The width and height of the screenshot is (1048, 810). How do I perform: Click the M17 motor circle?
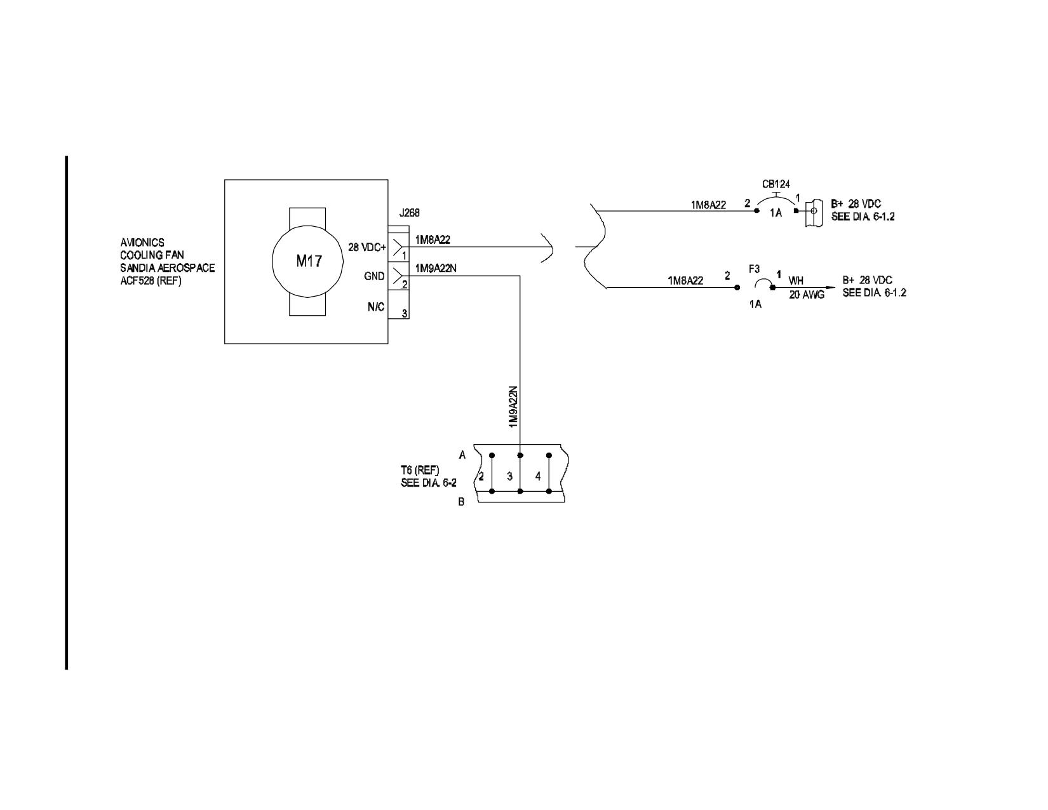coord(272,260)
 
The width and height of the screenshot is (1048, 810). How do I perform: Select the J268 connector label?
coord(409,213)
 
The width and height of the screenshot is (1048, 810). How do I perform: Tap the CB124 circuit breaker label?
coord(776,184)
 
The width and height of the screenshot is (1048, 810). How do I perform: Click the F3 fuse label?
coord(754,269)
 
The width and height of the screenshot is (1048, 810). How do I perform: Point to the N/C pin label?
coord(376,306)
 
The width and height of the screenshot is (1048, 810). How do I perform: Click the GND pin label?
coord(374,276)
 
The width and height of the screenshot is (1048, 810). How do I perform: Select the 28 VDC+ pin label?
coord(367,248)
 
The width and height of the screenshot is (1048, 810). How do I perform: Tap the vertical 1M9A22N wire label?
coord(513,406)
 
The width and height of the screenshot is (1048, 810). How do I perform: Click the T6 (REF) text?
coord(420,470)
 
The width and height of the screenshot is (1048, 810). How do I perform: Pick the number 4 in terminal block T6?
coord(538,476)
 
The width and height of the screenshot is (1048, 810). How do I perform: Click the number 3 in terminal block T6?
coord(509,476)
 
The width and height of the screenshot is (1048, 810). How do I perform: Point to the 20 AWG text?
coord(807,294)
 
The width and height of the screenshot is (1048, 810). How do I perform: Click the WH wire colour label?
coord(796,280)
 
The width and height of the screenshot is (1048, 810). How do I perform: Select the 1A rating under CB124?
coord(776,212)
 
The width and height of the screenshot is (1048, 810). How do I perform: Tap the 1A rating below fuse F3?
coord(755,304)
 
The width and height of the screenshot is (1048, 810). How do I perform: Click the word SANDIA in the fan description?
coord(135,267)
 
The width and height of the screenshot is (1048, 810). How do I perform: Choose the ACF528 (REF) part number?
coord(151,280)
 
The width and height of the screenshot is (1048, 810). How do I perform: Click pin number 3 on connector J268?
coord(404,314)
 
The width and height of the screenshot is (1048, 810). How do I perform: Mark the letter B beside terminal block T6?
coord(461,502)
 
